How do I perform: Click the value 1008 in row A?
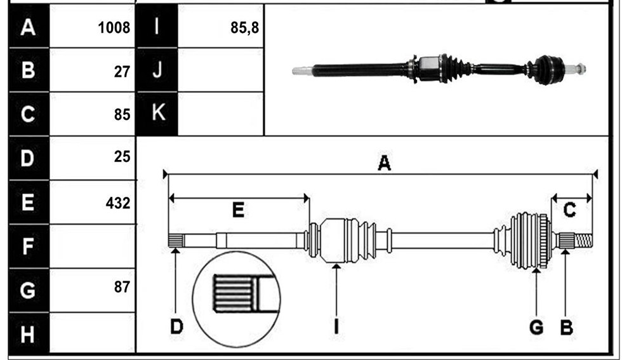[x=114, y=28]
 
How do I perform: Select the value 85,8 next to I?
[x=244, y=28]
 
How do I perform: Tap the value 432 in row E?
[x=118, y=203]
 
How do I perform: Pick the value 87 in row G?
[x=122, y=287]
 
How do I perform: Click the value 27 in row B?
[x=122, y=72]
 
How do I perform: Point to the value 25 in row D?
[x=122, y=157]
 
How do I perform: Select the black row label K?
[x=157, y=114]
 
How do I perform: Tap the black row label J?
[x=157, y=70]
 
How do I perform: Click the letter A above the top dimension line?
[x=384, y=163]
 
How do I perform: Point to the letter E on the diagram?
[x=238, y=210]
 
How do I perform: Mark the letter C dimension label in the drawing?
[x=570, y=210]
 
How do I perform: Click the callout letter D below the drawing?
[x=176, y=327]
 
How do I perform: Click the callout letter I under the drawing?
[x=336, y=327]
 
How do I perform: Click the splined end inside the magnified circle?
[x=234, y=294]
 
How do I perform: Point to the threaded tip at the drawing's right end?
[x=583, y=241]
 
